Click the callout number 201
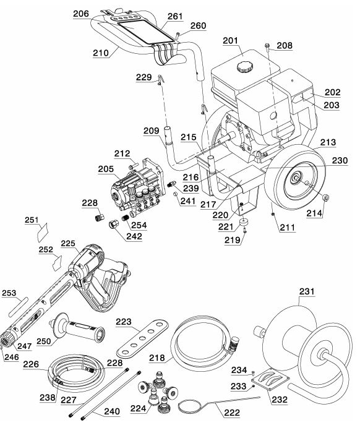click(x=231, y=41)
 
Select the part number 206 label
click(x=81, y=13)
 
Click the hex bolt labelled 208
click(x=267, y=46)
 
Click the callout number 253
click(x=10, y=293)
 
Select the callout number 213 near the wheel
click(x=329, y=142)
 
